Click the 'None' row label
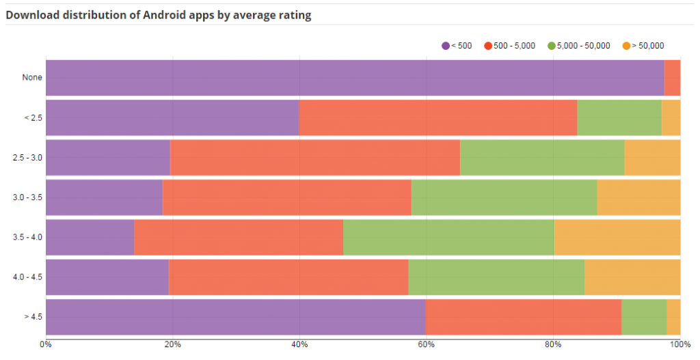pyautogui.click(x=32, y=78)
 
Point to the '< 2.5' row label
pyautogui.click(x=33, y=117)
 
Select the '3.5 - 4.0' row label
pyautogui.click(x=27, y=238)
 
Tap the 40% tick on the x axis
pyautogui.click(x=299, y=345)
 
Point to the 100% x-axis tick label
pyautogui.click(x=679, y=345)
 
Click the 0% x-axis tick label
pyautogui.click(x=46, y=345)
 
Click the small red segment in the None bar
pyautogui.click(x=672, y=78)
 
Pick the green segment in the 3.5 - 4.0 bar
pyautogui.click(x=448, y=238)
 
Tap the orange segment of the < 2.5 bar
pyautogui.click(x=671, y=117)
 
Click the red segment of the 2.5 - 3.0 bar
pyautogui.click(x=315, y=157)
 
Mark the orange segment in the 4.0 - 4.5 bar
pyautogui.click(x=632, y=277)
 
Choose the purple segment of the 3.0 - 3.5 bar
pyautogui.click(x=104, y=197)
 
